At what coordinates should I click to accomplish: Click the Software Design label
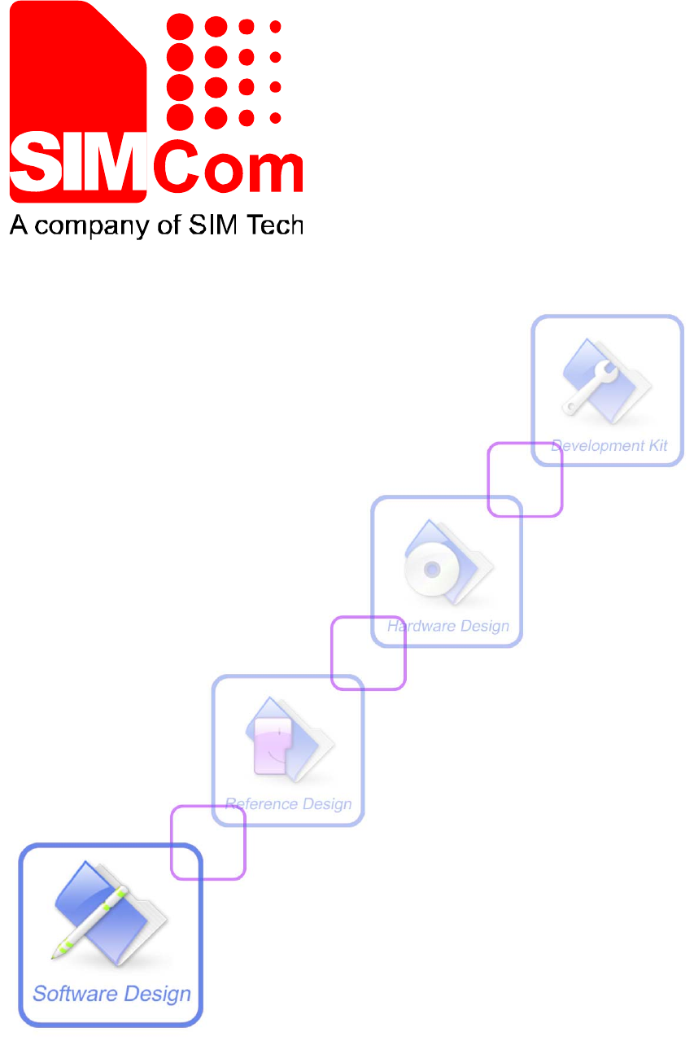(111, 994)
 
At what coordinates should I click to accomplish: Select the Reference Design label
(289, 804)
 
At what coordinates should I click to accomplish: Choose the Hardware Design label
(448, 626)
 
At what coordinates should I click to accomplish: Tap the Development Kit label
(609, 446)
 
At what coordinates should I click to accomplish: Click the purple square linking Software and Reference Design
(208, 842)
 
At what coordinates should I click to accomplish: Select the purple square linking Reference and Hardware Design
(368, 653)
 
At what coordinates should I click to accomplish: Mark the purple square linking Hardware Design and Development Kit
(525, 479)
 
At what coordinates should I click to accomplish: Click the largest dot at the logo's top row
(181, 27)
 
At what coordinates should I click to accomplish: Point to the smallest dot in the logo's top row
(275, 27)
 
